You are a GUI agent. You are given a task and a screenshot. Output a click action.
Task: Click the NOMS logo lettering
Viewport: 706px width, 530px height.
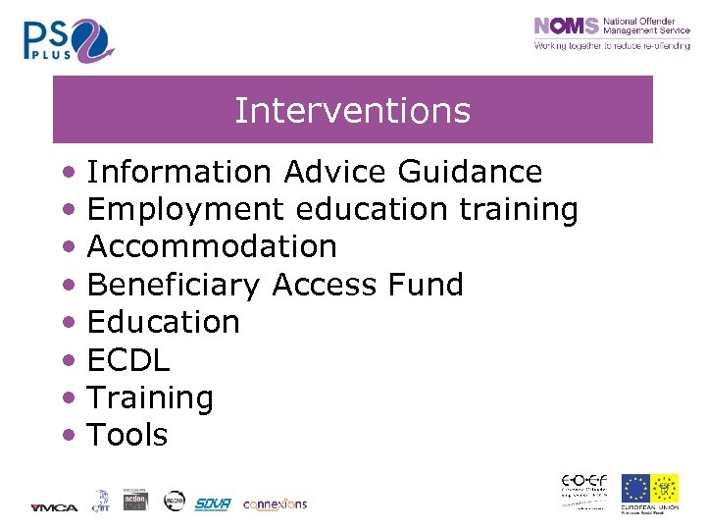coord(566,26)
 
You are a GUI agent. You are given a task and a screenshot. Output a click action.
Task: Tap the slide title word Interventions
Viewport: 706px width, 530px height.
coord(352,110)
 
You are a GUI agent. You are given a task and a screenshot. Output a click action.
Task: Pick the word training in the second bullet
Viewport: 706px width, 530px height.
coord(519,210)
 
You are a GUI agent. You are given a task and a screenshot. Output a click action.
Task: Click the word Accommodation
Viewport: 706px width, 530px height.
coord(212,246)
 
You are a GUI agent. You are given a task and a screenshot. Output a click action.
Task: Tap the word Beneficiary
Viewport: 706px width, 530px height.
coord(174,285)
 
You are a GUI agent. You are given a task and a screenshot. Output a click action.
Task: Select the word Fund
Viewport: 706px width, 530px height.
coord(426,285)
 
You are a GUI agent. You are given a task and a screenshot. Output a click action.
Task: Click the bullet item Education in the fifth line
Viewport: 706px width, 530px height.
coord(164,322)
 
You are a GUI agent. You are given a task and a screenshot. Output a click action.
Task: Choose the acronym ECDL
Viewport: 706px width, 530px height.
coord(128,360)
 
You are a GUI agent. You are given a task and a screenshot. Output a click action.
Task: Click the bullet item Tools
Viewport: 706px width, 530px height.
coord(127,435)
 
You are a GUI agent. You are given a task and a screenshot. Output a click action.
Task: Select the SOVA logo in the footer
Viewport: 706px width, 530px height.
coord(212,503)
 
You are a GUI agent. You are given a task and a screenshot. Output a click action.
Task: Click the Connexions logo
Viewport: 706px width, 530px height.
coord(275,503)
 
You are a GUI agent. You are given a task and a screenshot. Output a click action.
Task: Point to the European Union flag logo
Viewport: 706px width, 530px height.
coord(635,489)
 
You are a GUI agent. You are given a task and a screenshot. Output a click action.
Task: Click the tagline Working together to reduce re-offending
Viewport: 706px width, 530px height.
coord(611,46)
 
